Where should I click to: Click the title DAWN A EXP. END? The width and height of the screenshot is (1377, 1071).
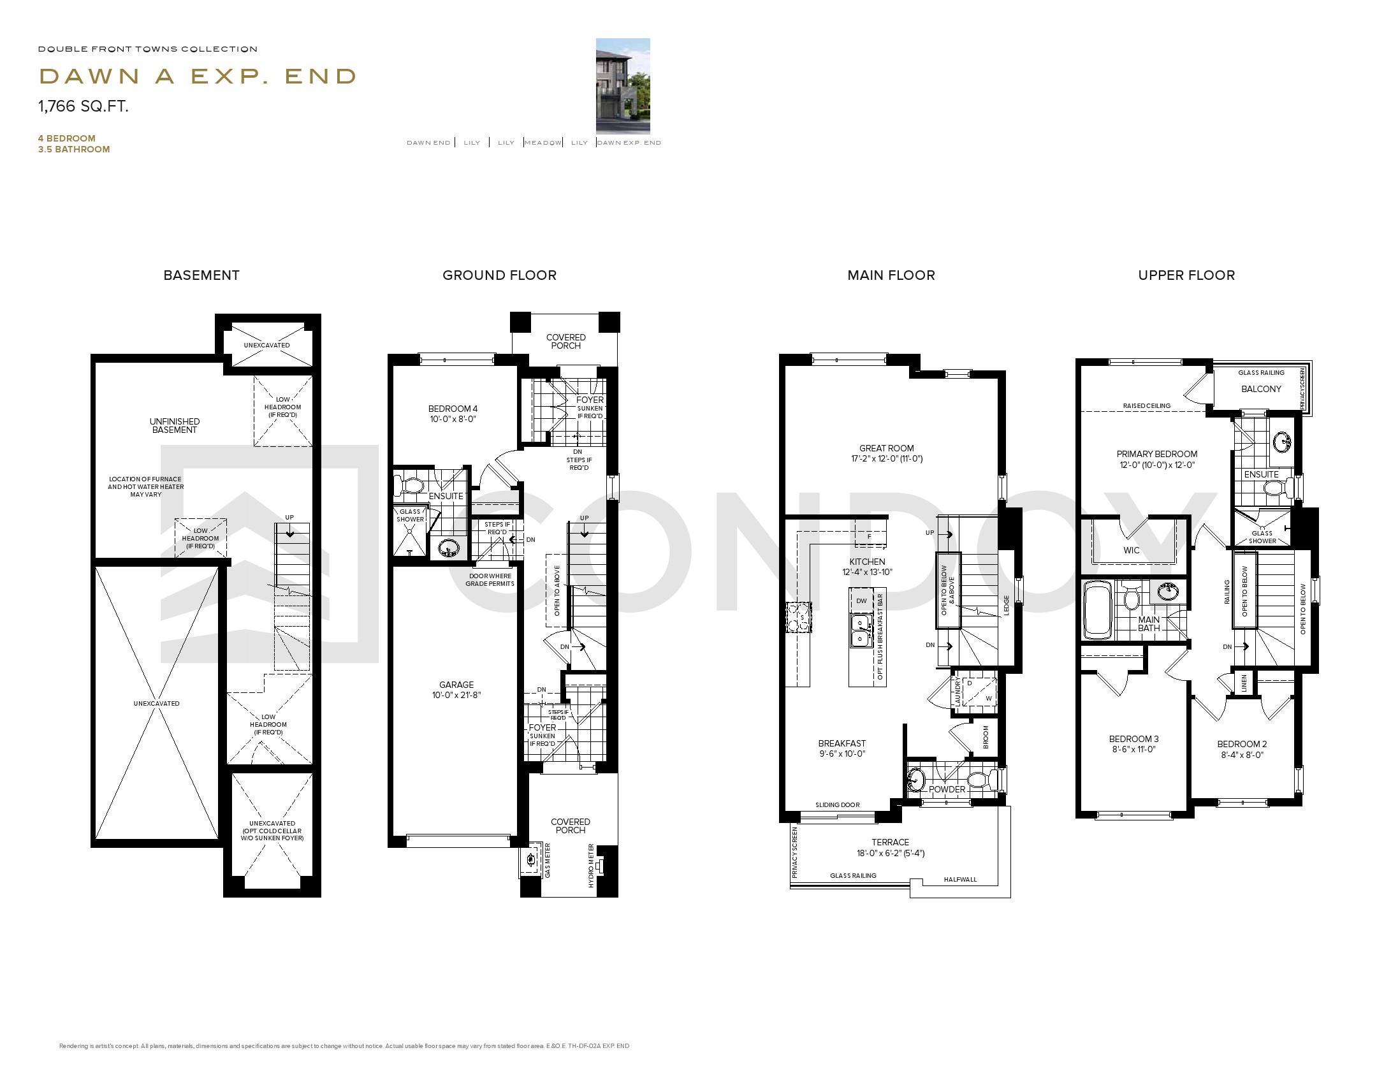(x=198, y=76)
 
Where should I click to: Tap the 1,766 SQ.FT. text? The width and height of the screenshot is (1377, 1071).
(x=84, y=106)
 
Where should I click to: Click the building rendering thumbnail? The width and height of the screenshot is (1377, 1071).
(x=622, y=85)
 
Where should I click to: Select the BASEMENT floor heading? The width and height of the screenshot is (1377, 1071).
(x=201, y=275)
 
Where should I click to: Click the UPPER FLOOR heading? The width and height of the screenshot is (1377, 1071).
(x=1186, y=275)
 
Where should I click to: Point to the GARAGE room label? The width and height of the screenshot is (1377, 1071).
(x=456, y=685)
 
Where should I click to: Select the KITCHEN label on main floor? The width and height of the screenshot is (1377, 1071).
(x=867, y=562)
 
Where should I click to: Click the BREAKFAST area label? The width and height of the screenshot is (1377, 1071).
(x=841, y=743)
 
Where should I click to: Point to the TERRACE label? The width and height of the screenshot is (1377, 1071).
(x=890, y=842)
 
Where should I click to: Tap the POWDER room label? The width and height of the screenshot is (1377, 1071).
(x=947, y=789)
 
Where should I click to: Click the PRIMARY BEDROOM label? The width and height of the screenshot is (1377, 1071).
(x=1156, y=455)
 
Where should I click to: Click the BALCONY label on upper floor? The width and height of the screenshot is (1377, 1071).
(x=1260, y=389)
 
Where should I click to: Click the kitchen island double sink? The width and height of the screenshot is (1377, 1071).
(x=861, y=630)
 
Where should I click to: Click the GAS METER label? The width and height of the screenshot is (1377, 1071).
(x=548, y=861)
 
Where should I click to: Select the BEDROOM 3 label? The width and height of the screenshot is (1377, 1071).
(x=1133, y=739)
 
